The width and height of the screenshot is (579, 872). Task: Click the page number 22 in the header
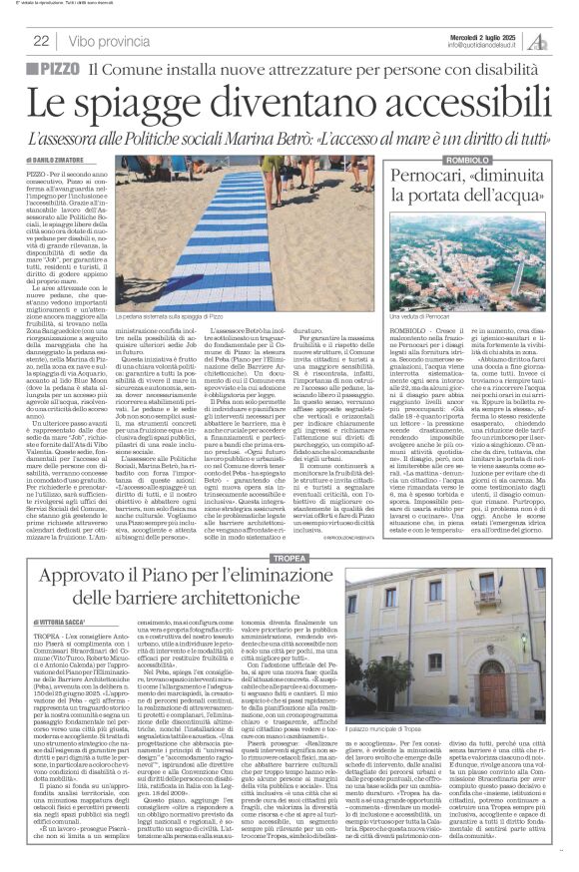click(x=42, y=41)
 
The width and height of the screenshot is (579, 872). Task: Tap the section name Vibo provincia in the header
click(x=108, y=41)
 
